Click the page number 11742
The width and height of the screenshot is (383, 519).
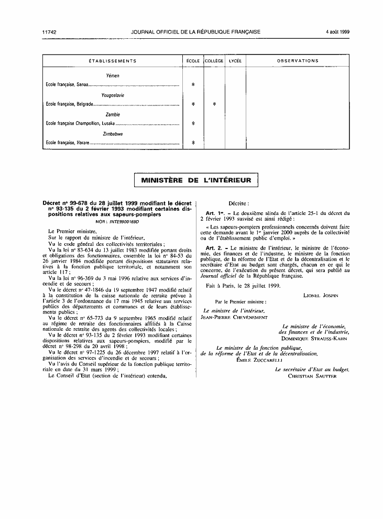pyautogui.click(x=50, y=32)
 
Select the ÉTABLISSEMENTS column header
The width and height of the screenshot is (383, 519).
pyautogui.click(x=113, y=61)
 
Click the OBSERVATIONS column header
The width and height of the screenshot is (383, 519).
pyautogui.click(x=298, y=61)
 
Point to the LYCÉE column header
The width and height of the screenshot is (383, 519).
pyautogui.click(x=235, y=61)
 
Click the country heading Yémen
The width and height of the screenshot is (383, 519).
pyautogui.click(x=113, y=76)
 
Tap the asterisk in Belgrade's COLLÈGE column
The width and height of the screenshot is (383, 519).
pyautogui.click(x=214, y=104)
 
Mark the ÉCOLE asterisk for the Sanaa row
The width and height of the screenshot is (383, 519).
pyautogui.click(x=193, y=84)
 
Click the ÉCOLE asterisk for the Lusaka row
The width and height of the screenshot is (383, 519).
pyautogui.click(x=193, y=123)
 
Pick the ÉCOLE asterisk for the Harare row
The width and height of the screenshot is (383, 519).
pyautogui.click(x=193, y=143)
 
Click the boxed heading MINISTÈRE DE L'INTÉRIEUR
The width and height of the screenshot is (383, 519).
pyautogui.click(x=196, y=181)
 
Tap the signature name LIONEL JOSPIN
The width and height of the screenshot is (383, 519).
pyautogui.click(x=321, y=295)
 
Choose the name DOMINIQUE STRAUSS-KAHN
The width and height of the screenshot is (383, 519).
pyautogui.click(x=318, y=339)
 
